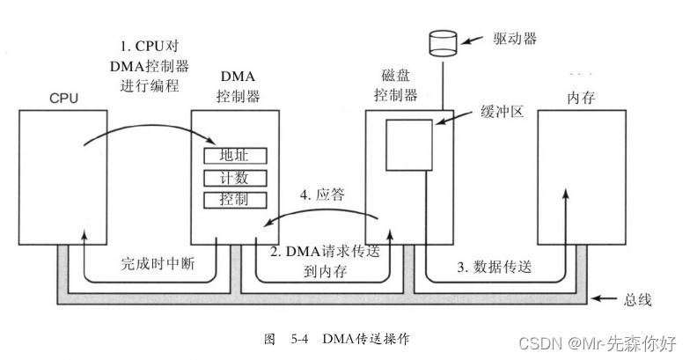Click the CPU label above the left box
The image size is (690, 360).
[x=63, y=98]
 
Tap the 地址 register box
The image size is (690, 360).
[x=234, y=156]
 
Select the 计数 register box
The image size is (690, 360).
[x=234, y=178]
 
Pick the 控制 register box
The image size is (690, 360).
[x=234, y=200]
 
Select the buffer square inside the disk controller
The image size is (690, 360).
[x=409, y=144]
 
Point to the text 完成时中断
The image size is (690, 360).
[x=150, y=262]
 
